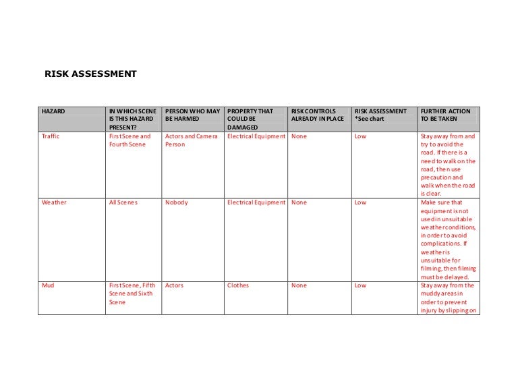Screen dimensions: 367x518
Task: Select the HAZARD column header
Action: click(x=53, y=111)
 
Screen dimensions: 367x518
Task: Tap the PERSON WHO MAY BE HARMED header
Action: click(x=192, y=115)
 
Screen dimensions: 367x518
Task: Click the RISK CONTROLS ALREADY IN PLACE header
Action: click(x=317, y=115)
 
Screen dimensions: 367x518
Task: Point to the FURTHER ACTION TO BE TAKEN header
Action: click(x=445, y=115)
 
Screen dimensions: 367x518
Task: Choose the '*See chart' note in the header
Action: click(x=370, y=119)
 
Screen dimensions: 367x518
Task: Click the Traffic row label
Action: click(x=51, y=136)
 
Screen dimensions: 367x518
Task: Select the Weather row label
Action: click(x=54, y=202)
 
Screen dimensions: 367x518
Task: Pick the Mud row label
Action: click(x=47, y=285)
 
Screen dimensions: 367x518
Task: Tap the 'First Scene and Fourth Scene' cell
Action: click(x=130, y=140)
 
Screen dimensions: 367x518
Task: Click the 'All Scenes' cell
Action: click(x=123, y=202)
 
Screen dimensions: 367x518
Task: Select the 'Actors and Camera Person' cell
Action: click(x=190, y=140)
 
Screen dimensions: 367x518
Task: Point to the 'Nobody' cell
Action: click(x=176, y=202)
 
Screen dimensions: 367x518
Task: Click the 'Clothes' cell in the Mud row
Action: click(x=238, y=285)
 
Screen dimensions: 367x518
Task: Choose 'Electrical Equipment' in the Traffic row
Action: click(x=256, y=136)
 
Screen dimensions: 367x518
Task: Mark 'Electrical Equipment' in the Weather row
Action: click(x=256, y=202)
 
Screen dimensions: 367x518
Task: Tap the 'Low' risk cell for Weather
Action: click(x=360, y=202)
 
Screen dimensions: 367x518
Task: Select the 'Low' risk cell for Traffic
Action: click(x=360, y=136)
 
